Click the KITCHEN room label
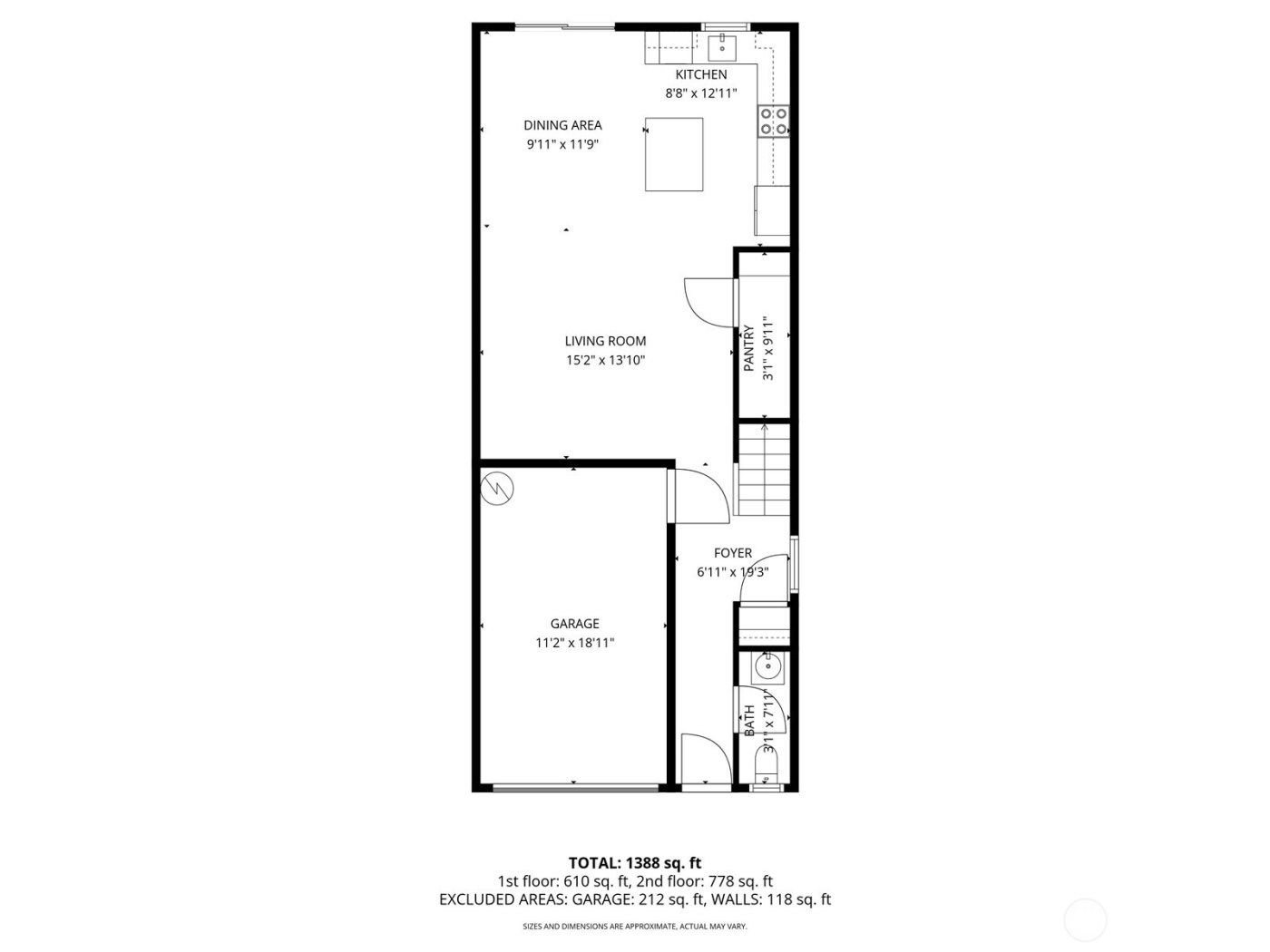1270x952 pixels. [x=700, y=74]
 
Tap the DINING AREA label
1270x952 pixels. [x=562, y=125]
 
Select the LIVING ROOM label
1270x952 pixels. [x=605, y=341]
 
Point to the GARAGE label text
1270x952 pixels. [x=574, y=624]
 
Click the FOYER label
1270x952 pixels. [x=732, y=553]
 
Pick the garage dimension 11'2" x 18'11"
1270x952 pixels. [x=574, y=643]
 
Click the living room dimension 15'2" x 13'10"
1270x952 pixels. [x=605, y=360]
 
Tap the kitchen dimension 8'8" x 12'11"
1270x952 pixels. [x=700, y=92]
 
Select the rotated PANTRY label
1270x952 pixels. [x=749, y=349]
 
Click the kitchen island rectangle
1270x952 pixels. [x=674, y=153]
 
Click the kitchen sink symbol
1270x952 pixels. [x=723, y=42]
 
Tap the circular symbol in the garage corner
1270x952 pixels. [x=496, y=490]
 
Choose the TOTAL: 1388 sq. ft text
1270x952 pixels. [x=634, y=862]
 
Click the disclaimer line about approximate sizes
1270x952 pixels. [x=634, y=927]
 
